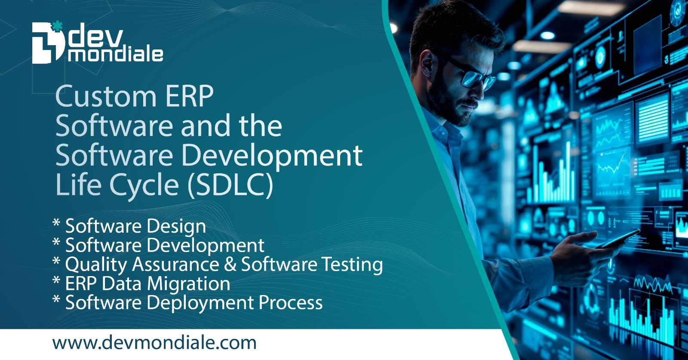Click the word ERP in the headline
tap(189, 96)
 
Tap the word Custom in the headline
tap(105, 96)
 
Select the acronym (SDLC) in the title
tap(230, 185)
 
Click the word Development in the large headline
tap(272, 156)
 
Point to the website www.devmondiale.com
tap(154, 343)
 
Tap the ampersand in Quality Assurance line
tap(230, 264)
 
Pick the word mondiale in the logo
tap(115, 55)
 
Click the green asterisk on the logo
tap(56, 27)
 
